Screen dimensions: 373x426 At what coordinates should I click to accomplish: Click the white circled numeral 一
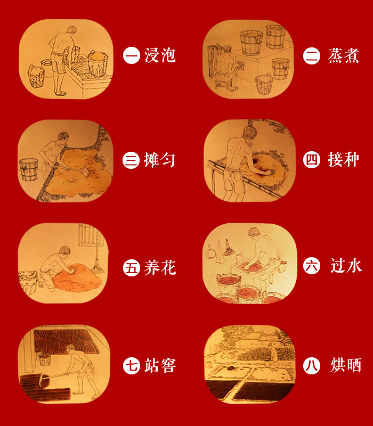click(131, 55)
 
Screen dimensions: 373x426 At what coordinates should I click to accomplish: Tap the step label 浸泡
click(160, 55)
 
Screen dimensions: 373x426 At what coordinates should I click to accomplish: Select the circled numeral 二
click(312, 56)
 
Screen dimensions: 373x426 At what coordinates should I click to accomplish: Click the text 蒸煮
click(343, 55)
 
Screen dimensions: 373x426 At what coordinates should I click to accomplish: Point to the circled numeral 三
click(131, 160)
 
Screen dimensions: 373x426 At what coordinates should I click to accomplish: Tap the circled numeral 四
click(312, 160)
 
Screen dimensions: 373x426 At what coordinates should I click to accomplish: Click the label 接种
click(343, 159)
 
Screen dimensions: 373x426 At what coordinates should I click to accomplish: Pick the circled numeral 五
click(131, 268)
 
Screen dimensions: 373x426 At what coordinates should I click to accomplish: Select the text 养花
click(160, 268)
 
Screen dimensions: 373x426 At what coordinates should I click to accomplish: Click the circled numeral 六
click(312, 265)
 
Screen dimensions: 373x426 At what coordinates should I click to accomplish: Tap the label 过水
click(346, 265)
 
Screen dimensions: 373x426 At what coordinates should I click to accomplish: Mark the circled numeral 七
click(131, 366)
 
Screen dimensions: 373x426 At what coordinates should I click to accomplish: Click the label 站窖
click(160, 365)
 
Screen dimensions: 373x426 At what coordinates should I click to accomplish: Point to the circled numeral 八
click(312, 366)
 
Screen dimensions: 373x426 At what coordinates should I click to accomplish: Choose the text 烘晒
click(346, 365)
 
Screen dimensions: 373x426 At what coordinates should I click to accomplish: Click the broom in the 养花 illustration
click(97, 261)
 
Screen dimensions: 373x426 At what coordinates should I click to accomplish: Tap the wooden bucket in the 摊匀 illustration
click(29, 169)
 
